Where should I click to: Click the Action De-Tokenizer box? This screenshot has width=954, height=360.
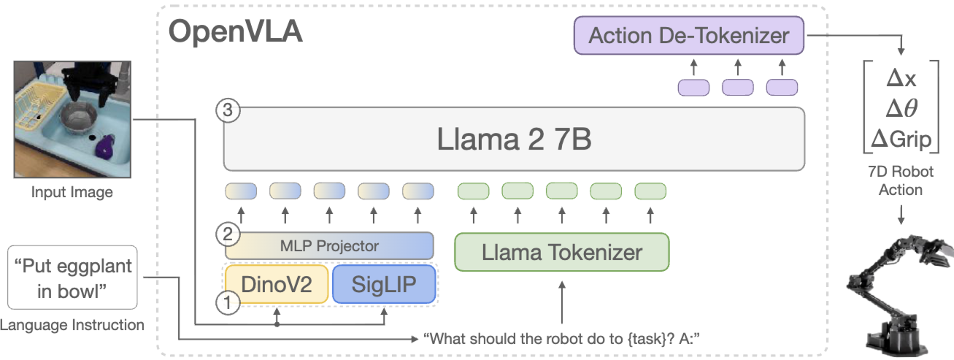688,35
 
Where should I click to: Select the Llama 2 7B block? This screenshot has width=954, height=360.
514,139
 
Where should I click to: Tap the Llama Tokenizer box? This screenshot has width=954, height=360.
561,253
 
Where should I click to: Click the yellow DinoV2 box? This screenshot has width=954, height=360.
277,284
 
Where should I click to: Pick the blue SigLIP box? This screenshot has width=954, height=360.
383,284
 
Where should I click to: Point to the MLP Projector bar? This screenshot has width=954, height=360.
329,245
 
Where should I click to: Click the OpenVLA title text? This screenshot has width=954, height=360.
235,32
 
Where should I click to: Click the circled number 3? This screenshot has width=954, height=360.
228,111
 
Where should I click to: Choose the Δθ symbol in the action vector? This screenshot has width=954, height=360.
903,108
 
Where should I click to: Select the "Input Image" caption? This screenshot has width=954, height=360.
72,193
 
